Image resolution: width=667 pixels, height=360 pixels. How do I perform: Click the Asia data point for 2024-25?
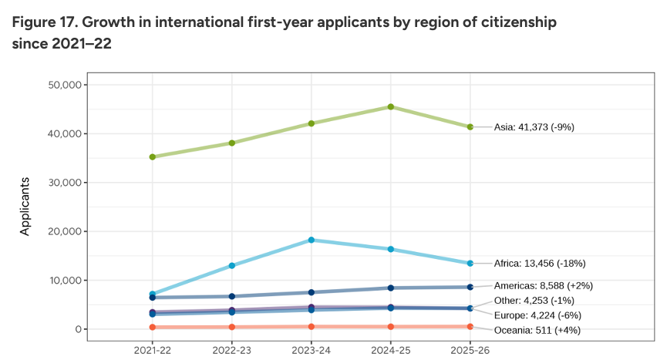(x=391, y=106)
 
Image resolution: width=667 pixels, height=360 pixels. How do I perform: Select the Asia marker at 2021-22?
(x=153, y=156)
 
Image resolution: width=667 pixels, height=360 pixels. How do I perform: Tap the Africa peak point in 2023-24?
(x=312, y=240)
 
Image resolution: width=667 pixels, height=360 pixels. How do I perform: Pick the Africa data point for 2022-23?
(x=232, y=265)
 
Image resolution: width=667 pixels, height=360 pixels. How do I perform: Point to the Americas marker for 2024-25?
(x=391, y=288)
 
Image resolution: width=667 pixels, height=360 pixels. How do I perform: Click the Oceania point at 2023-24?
(x=312, y=326)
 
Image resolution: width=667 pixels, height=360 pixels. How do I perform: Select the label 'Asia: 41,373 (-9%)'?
(x=534, y=127)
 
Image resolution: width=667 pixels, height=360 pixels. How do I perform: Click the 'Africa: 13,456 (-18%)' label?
(x=540, y=263)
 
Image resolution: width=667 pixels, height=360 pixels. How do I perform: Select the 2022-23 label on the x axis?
(x=232, y=349)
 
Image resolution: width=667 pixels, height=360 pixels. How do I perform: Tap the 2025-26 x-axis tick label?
(x=470, y=349)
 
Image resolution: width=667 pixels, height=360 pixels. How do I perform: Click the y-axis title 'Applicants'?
(x=25, y=206)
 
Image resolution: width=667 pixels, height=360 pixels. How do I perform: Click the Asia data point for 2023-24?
(x=312, y=123)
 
